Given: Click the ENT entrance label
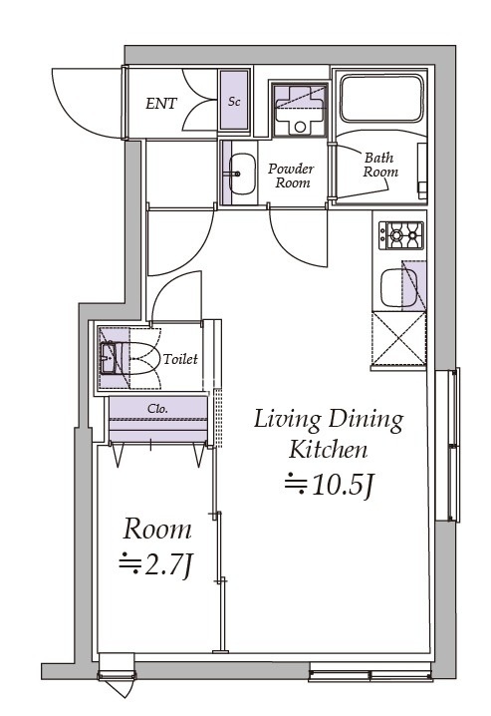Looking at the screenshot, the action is click(x=161, y=104).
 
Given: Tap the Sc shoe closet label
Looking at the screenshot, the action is click(x=234, y=102).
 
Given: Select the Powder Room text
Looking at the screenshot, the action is click(x=292, y=176).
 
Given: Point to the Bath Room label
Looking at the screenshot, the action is click(x=380, y=165).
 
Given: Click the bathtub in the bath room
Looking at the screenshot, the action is click(x=382, y=98).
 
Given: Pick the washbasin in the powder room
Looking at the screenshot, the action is click(x=242, y=174).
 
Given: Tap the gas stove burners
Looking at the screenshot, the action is click(x=401, y=235).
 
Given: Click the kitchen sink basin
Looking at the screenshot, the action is click(x=399, y=287).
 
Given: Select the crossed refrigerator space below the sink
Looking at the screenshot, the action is click(x=399, y=338).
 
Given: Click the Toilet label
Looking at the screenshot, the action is click(x=180, y=359).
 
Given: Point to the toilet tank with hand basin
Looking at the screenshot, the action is click(x=109, y=358).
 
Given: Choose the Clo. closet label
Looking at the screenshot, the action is click(x=157, y=408).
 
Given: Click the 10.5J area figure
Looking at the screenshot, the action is click(x=329, y=485).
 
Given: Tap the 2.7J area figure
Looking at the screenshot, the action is click(x=157, y=564).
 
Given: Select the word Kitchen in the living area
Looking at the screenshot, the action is click(x=329, y=450).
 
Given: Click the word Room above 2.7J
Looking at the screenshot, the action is click(x=157, y=530).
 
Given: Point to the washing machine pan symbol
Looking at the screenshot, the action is click(x=300, y=110).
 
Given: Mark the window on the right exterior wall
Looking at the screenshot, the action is click(x=447, y=445).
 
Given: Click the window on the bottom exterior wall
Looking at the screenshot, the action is click(x=370, y=675).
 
